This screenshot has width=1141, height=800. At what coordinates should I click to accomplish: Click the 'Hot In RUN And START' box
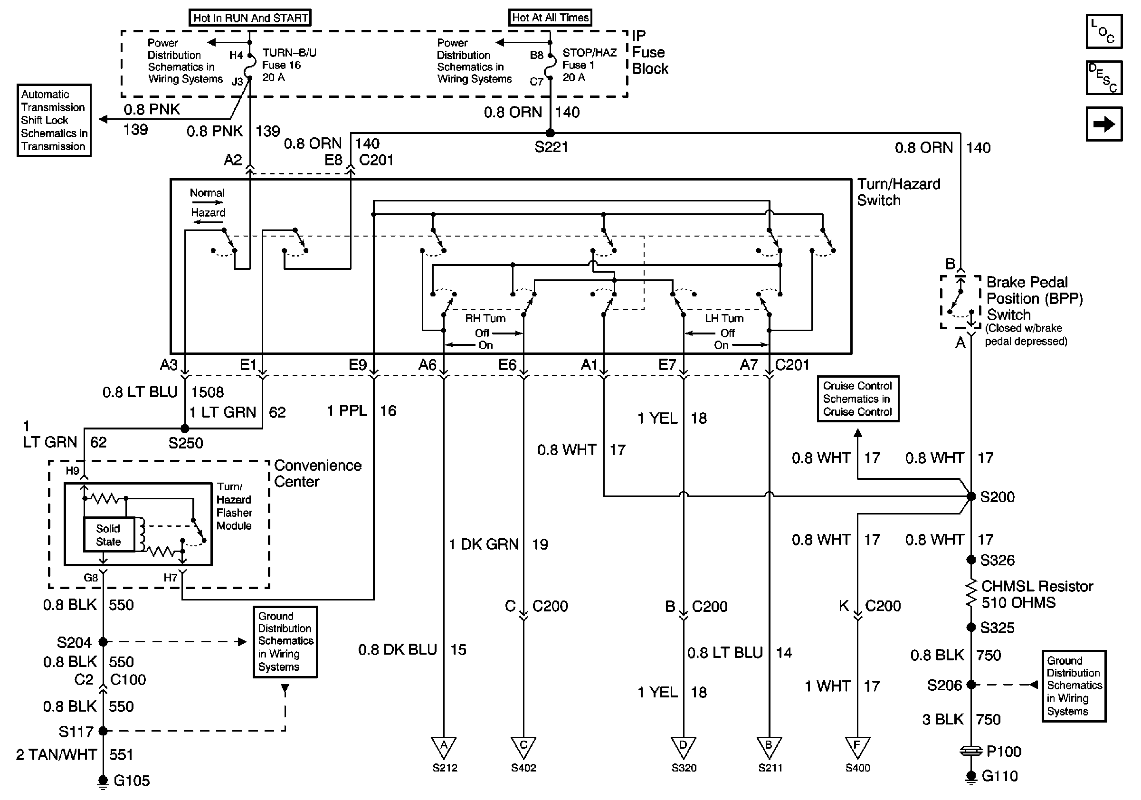tap(250, 18)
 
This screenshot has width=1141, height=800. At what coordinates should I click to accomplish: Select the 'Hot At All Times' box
tap(550, 18)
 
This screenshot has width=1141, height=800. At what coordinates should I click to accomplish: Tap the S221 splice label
tap(551, 147)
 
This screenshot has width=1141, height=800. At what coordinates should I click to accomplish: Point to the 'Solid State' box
tap(108, 534)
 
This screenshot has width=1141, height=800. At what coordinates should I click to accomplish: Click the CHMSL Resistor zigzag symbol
tap(970, 594)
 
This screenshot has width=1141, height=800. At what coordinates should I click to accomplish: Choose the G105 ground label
tap(131, 781)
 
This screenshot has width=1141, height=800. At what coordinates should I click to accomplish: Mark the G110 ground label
tap(1000, 776)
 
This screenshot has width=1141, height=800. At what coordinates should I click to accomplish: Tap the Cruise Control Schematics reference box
tap(858, 399)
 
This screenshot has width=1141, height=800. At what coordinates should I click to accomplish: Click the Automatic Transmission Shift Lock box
tap(54, 120)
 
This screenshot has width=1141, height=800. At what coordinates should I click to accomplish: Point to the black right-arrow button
tap(1104, 124)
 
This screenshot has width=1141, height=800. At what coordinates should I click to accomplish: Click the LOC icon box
tap(1104, 31)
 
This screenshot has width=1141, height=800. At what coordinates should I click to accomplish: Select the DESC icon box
tap(1104, 77)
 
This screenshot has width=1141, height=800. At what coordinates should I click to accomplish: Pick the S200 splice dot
tap(970, 496)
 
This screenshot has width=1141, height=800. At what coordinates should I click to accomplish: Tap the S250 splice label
tap(185, 443)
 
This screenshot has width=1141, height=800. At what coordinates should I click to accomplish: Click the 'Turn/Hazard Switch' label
tap(898, 192)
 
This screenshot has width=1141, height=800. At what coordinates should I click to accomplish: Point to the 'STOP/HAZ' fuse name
tap(590, 53)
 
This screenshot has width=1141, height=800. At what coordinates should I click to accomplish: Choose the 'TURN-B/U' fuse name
tap(289, 53)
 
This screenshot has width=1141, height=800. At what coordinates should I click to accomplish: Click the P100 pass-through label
tap(1003, 751)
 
